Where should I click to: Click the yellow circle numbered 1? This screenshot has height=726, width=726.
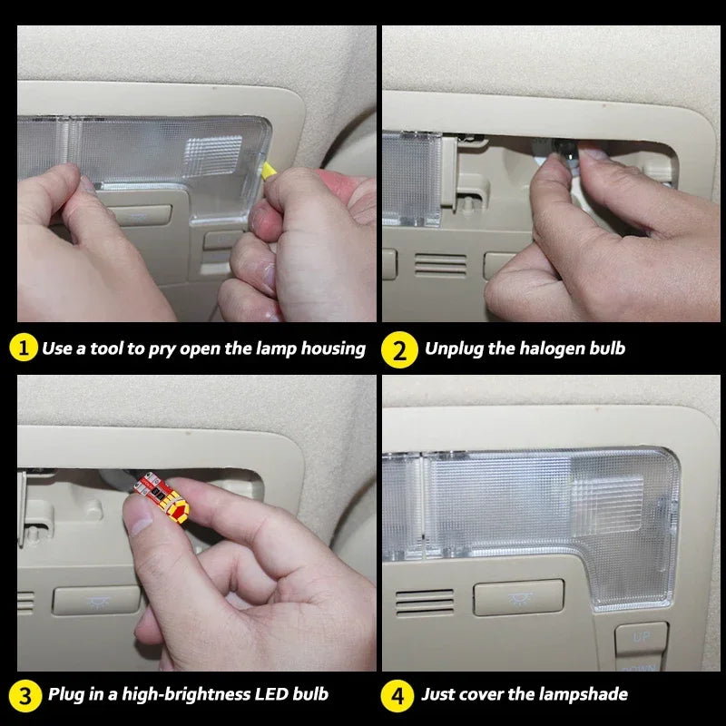click(24, 348)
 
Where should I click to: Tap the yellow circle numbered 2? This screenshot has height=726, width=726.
click(399, 349)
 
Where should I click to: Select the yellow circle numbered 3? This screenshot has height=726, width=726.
click(25, 696)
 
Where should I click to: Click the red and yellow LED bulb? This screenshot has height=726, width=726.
click(162, 496)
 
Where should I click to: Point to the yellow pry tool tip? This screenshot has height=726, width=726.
click(268, 170)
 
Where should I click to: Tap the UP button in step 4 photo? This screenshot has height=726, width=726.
click(642, 638)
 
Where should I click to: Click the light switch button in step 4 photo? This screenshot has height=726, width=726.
click(518, 597)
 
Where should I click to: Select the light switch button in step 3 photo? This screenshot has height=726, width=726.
click(97, 601)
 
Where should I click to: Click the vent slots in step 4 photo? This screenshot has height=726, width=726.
click(425, 603)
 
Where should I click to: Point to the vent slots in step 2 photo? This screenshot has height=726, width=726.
click(440, 265)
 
